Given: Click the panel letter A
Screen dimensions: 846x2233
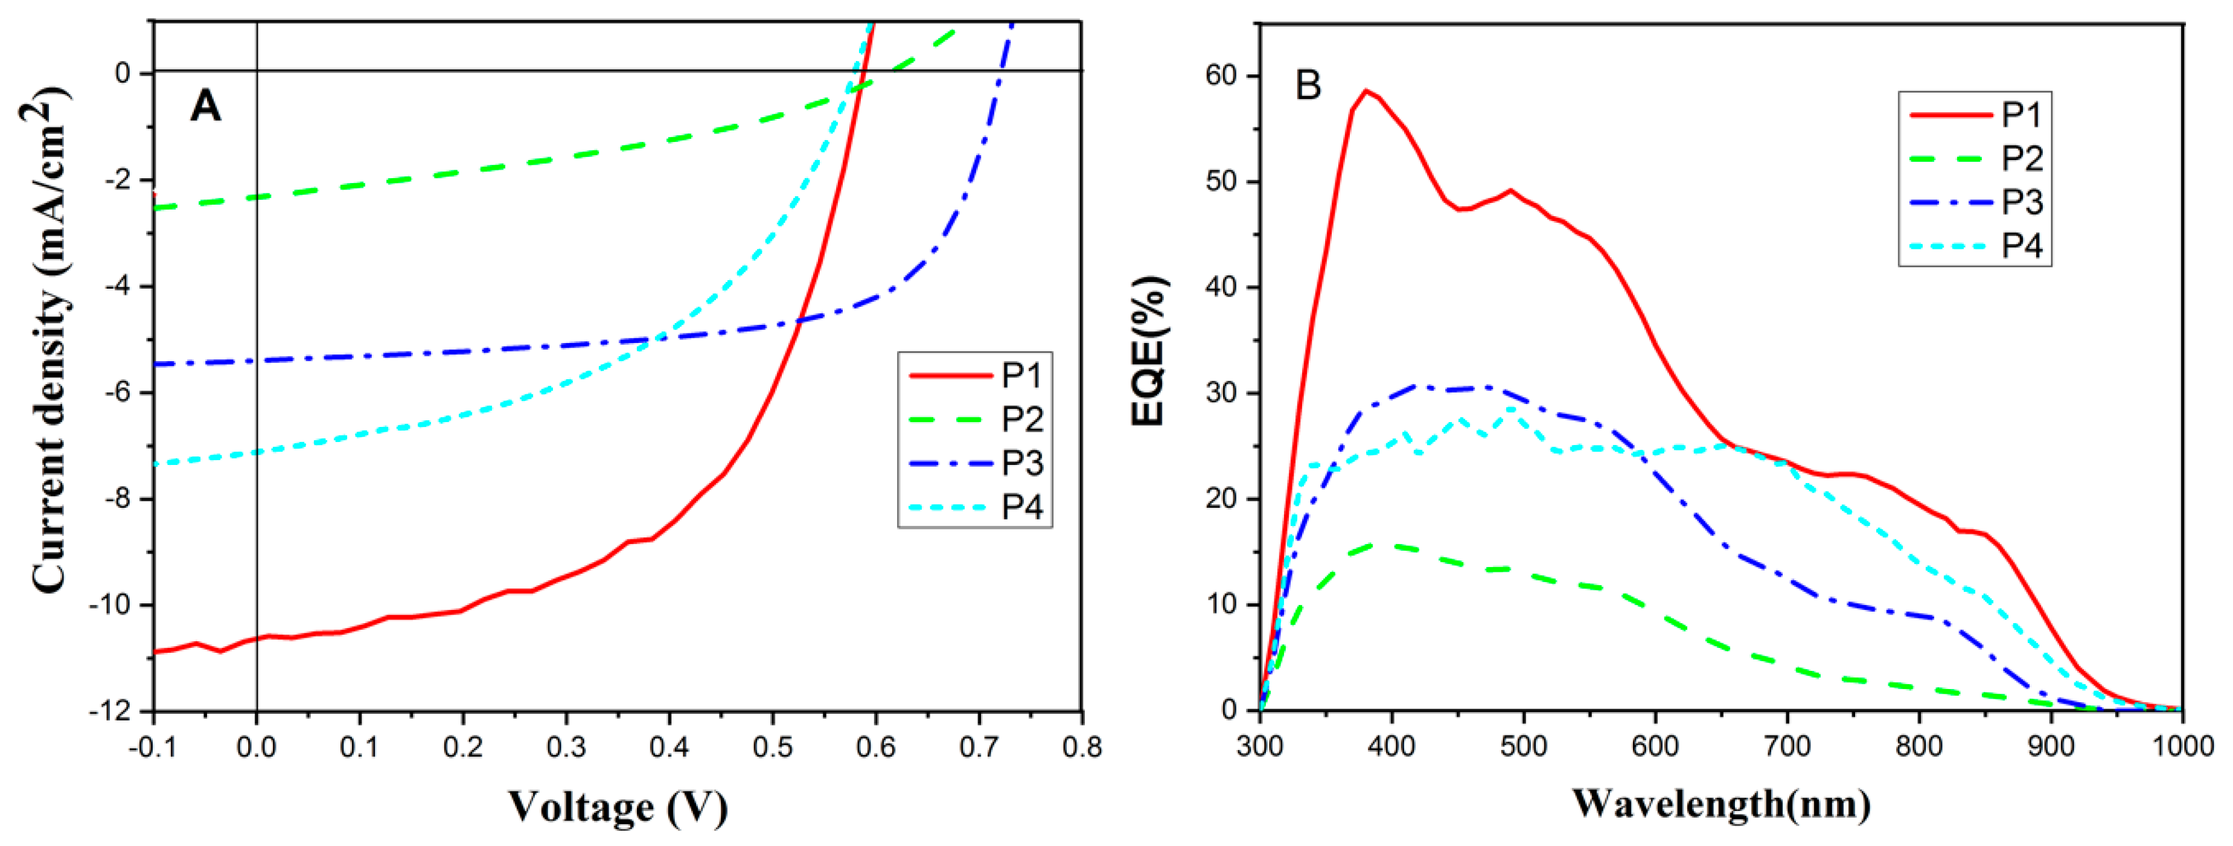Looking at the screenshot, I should (205, 107).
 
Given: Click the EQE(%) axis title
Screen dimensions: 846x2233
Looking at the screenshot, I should (1149, 351).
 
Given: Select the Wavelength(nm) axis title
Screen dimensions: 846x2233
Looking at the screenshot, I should (1720, 804).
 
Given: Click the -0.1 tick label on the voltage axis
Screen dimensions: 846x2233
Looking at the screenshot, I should (153, 747).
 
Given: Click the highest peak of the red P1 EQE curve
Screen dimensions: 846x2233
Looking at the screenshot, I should (1366, 90).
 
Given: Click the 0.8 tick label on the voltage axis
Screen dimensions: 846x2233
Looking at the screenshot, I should (1082, 747).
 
